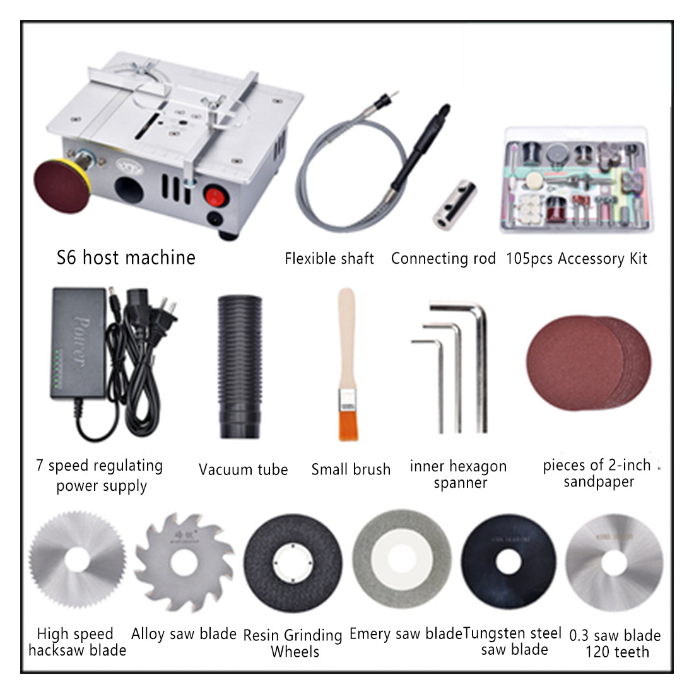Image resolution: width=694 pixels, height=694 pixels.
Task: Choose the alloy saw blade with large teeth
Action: [x=184, y=561]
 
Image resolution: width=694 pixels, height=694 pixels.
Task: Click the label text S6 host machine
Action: [x=126, y=257]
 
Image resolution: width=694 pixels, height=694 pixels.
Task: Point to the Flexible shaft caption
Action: [x=329, y=258]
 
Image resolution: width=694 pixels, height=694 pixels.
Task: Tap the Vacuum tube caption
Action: [x=243, y=469]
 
